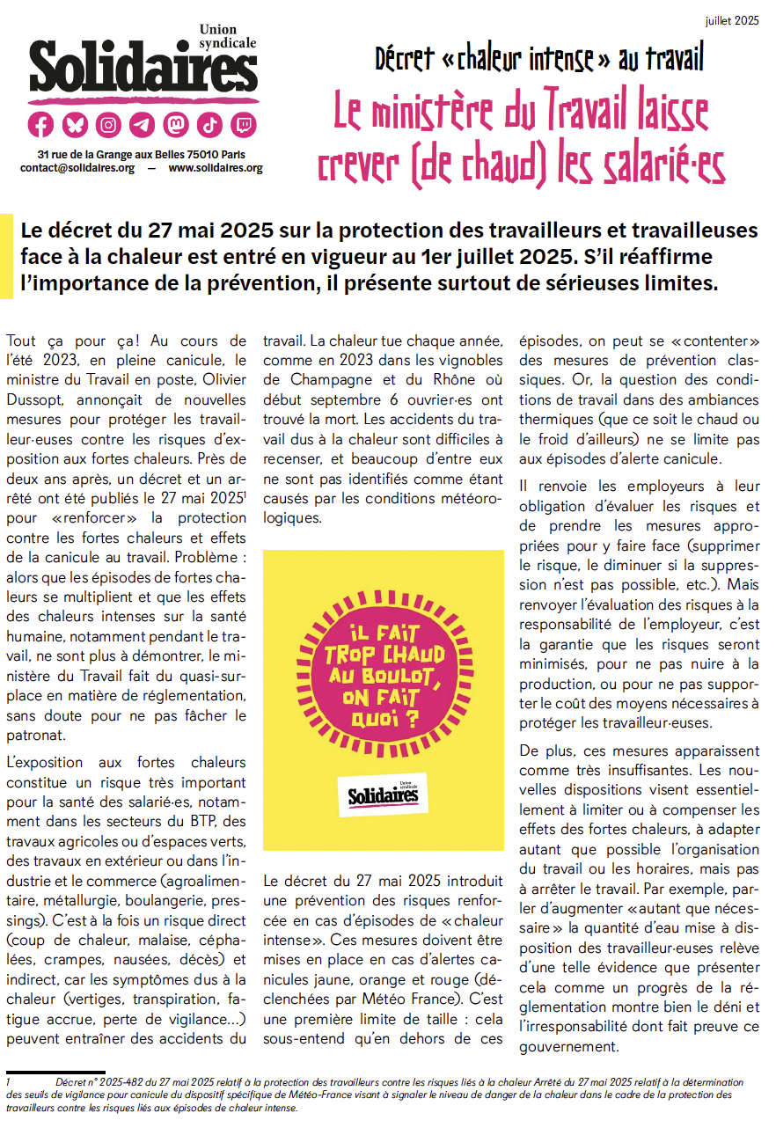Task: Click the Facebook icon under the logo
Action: pos(41,125)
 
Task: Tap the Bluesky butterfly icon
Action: pos(75,125)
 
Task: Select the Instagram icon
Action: pos(108,125)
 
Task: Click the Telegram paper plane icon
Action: pos(142,125)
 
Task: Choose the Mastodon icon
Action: pos(176,125)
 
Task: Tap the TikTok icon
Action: pos(209,125)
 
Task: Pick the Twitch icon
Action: pos(243,125)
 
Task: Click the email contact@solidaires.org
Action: pos(77,168)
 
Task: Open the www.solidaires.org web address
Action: pos(216,168)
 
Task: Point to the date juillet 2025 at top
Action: pos(732,19)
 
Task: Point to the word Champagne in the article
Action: pos(303,378)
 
